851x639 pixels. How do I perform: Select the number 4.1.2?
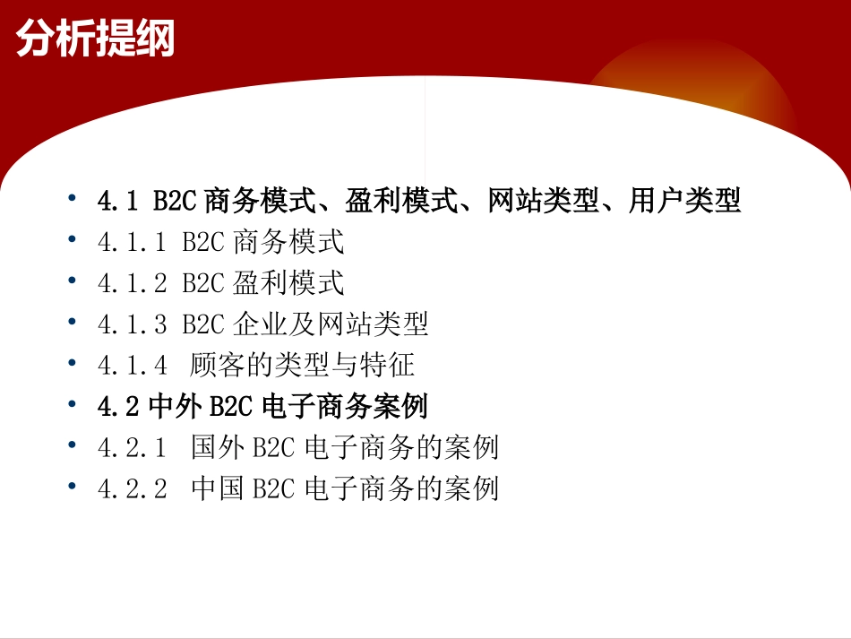[132, 284]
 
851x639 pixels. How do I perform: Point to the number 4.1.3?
[132, 324]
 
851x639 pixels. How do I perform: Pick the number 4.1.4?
[132, 366]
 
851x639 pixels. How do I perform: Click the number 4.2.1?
[132, 447]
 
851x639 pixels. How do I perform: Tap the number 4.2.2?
[132, 488]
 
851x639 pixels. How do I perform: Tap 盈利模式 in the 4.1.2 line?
[288, 284]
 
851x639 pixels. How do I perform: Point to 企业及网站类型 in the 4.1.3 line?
[331, 324]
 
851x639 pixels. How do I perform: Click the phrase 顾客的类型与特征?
[303, 366]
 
